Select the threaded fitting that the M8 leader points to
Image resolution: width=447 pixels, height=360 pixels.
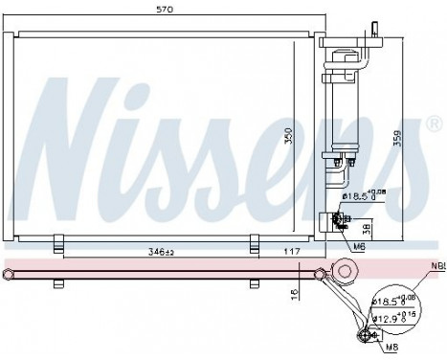[365, 334]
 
